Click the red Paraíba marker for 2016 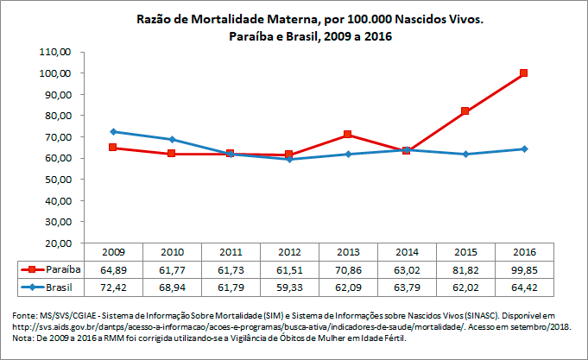click(x=523, y=73)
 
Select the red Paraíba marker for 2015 click(x=465, y=111)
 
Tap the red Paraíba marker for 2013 click(x=347, y=135)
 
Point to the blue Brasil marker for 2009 click(x=113, y=131)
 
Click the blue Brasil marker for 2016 click(x=523, y=148)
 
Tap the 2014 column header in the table click(x=406, y=252)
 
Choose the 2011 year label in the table click(x=231, y=252)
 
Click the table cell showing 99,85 click(x=523, y=268)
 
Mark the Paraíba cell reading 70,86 click(x=347, y=268)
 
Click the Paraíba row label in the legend click(x=62, y=268)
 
